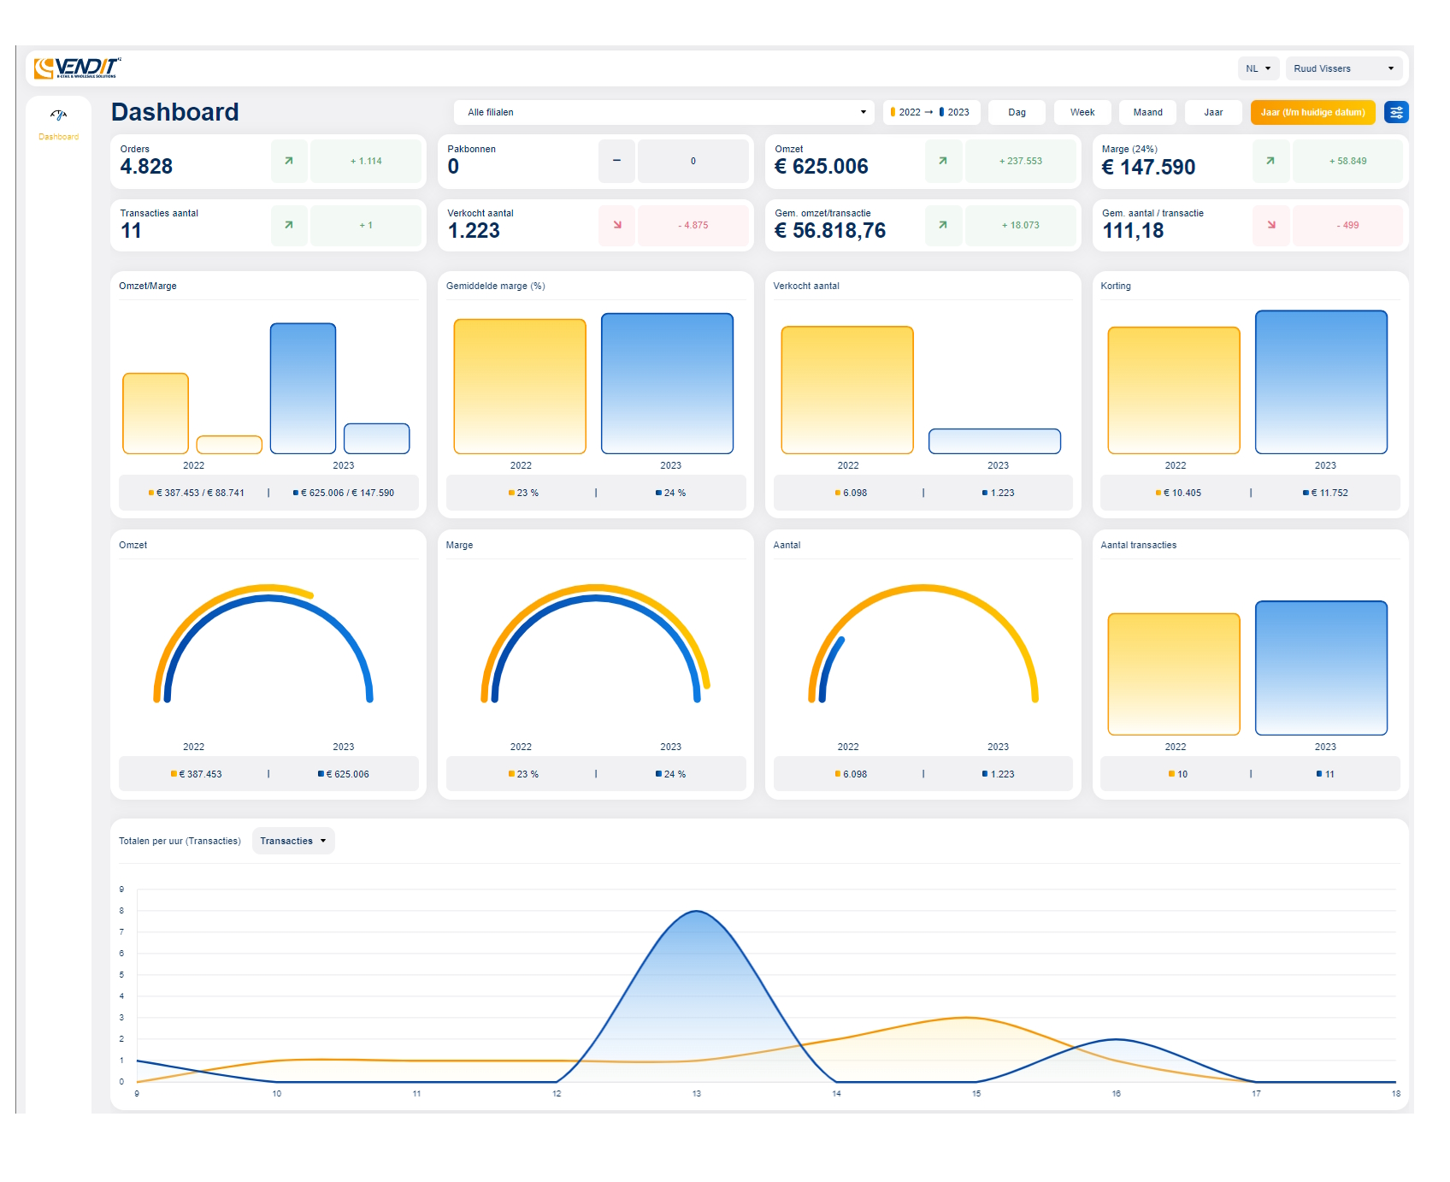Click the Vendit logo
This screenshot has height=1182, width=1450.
coord(77,68)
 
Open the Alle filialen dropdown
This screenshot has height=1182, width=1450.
coord(663,112)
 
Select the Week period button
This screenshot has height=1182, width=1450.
coord(1082,112)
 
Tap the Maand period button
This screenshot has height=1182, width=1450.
coord(1147,112)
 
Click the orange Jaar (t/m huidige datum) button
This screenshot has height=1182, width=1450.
coord(1311,112)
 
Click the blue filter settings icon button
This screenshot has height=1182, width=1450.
coord(1396,112)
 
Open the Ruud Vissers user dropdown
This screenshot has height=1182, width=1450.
coord(1343,68)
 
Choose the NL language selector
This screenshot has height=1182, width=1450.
coord(1258,68)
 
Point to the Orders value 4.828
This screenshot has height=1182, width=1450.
coord(146,167)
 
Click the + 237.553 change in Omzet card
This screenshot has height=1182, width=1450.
coord(1020,161)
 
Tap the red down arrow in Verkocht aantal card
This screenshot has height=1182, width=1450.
coord(617,225)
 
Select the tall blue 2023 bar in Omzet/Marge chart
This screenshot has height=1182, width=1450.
coord(303,388)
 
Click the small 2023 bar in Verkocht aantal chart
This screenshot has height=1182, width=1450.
coord(994,441)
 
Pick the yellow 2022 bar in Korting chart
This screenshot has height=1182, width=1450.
coord(1173,390)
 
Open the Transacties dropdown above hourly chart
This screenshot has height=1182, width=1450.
coord(293,841)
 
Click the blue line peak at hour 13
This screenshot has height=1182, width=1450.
coord(697,912)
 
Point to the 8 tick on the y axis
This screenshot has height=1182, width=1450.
coord(121,911)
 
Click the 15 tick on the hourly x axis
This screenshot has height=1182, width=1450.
coord(976,1093)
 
